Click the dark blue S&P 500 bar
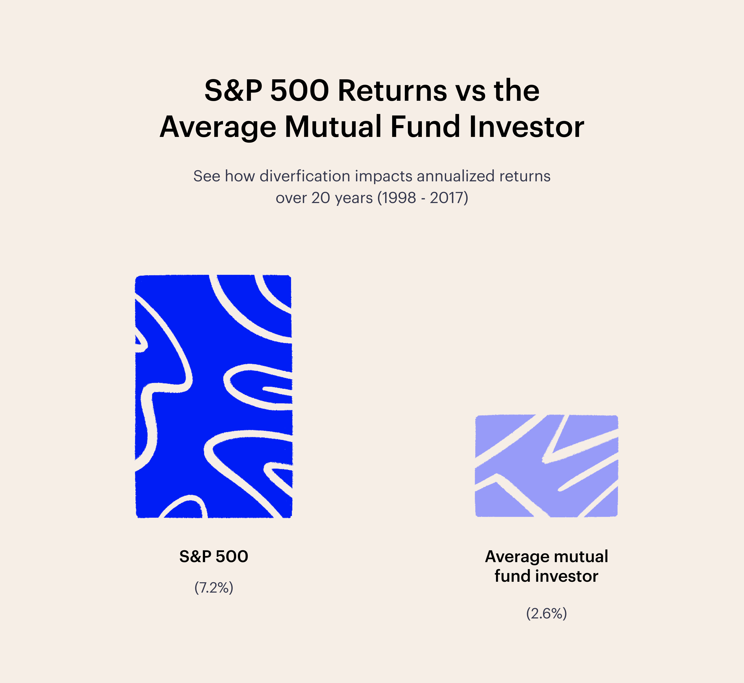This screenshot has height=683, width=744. click(214, 396)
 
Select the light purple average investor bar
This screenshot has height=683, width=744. click(547, 466)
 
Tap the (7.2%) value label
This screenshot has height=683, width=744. click(214, 588)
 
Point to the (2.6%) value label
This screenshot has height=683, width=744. click(546, 614)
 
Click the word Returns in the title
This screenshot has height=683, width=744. click(392, 91)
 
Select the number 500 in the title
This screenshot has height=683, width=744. click(300, 91)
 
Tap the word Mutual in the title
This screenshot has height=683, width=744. click(333, 127)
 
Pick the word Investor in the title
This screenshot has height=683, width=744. click(527, 127)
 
